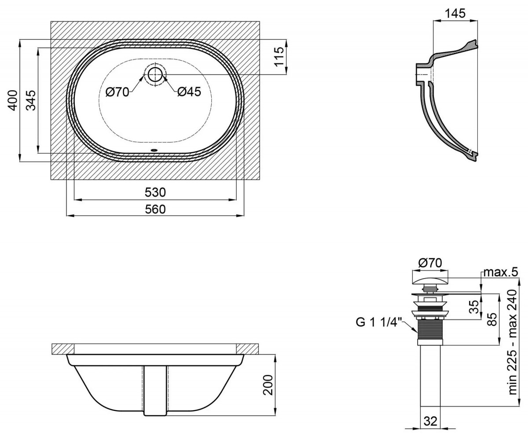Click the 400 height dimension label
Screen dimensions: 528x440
(13, 100)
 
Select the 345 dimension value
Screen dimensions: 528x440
(31, 100)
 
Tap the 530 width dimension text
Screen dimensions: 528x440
(155, 192)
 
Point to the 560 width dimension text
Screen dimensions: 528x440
(155, 209)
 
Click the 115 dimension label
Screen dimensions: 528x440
(279, 57)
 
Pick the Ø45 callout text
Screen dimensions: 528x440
(189, 92)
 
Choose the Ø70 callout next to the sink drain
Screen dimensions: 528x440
(117, 92)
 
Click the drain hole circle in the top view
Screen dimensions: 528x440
(155, 74)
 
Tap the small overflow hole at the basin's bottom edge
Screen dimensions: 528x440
(154, 150)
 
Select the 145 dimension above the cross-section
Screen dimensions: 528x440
(455, 13)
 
